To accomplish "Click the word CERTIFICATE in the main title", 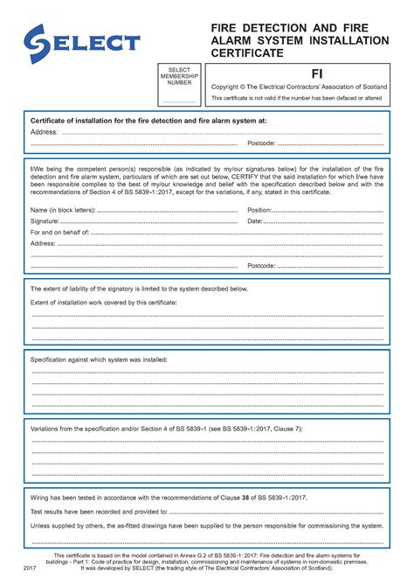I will click(246, 53).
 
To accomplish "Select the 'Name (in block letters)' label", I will click(63, 211).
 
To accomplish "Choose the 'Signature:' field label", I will click(45, 221).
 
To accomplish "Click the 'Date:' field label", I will click(255, 221).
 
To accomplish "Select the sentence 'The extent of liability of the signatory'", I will click(140, 288).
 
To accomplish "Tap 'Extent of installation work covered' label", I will click(104, 301).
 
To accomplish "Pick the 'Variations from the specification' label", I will click(166, 429).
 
